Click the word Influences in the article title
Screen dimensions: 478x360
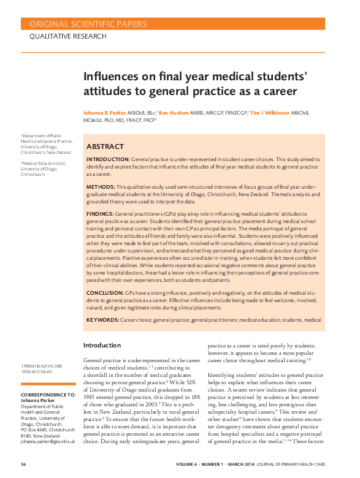108,78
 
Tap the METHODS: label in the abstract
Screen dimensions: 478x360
101,186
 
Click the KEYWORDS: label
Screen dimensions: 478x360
102,319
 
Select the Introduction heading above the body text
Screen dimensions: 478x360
102,346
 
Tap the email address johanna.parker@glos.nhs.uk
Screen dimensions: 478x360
48,441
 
